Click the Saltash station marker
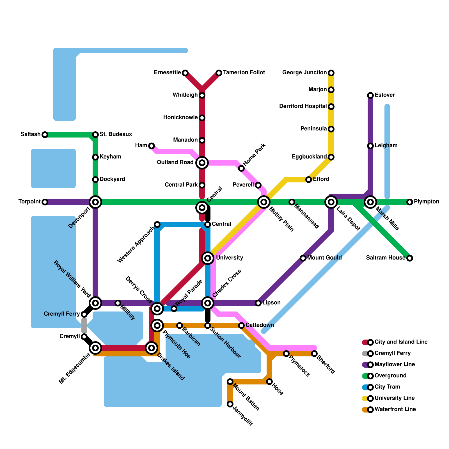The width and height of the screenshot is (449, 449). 45,135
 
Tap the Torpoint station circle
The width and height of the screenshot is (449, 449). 45,202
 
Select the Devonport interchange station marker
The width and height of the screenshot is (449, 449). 95,202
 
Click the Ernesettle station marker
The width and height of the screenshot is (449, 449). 185,73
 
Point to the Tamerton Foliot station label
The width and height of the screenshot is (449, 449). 244,73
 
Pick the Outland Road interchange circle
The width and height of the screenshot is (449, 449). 202,163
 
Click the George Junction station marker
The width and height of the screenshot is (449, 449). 331,73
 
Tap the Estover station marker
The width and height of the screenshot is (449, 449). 370,95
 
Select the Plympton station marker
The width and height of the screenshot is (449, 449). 410,202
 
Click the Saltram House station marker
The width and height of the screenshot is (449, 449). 410,258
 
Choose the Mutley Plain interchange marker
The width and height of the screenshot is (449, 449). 264,202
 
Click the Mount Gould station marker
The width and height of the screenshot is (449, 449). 303,258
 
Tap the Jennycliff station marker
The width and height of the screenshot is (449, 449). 230,404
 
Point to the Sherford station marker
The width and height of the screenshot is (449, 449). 314,354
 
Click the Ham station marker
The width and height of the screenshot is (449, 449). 152,146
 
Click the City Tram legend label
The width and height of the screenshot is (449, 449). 387,387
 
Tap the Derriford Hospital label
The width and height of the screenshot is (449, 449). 303,106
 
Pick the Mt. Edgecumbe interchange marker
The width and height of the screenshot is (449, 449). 95,348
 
